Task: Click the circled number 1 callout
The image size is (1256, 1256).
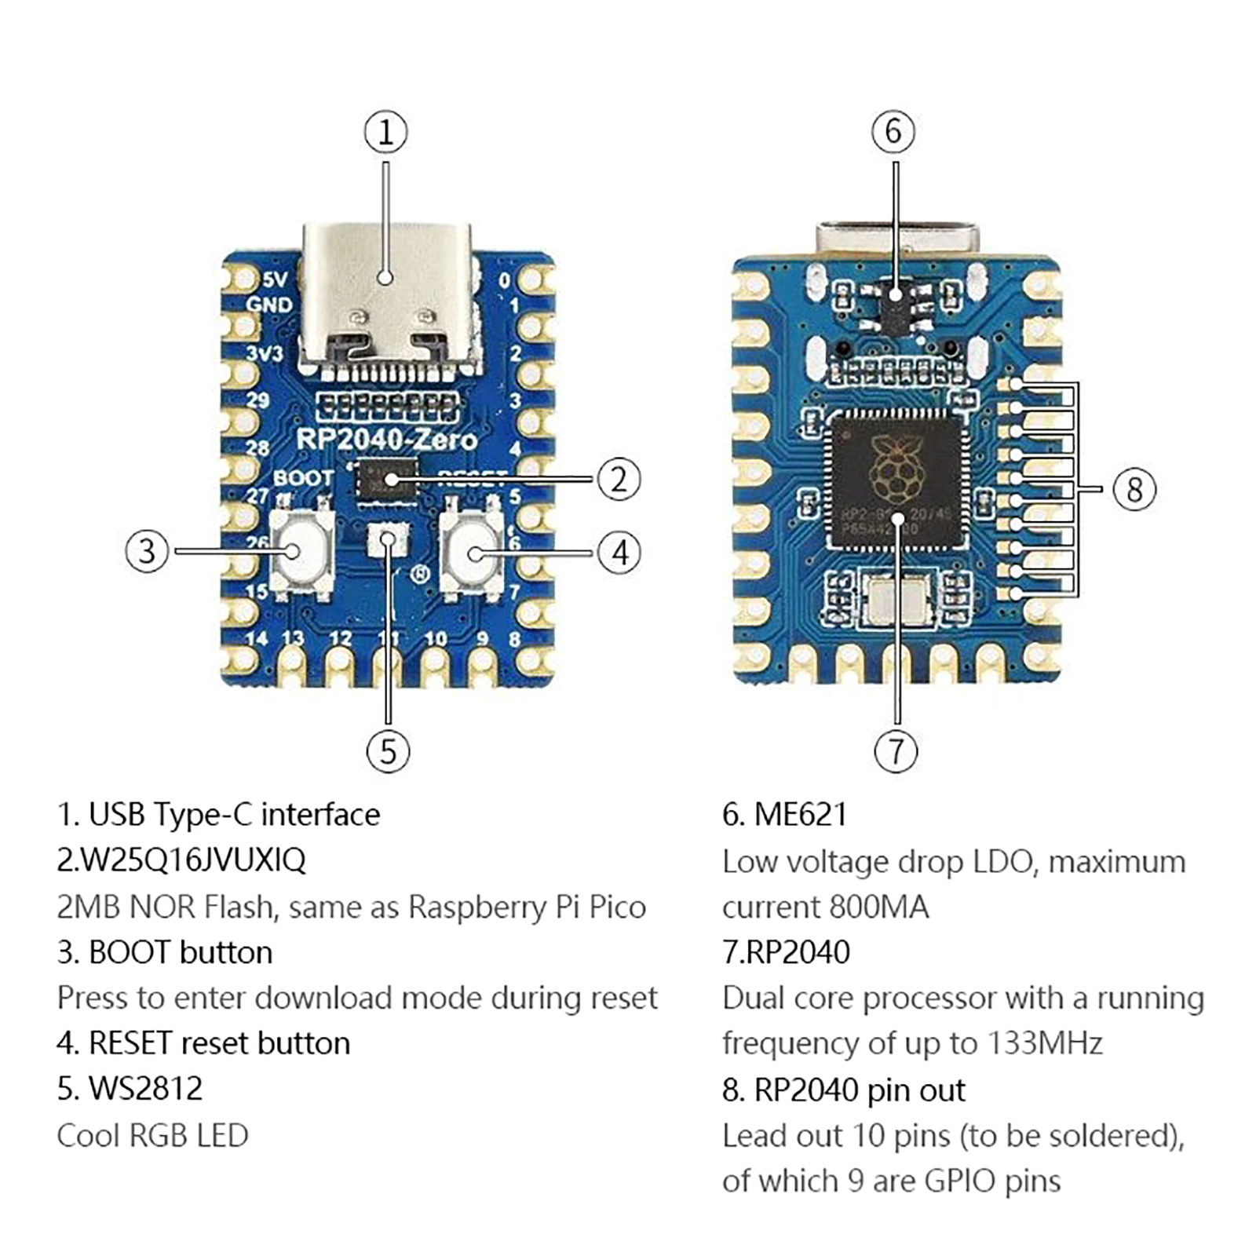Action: (x=385, y=132)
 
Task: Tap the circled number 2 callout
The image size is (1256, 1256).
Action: (x=619, y=479)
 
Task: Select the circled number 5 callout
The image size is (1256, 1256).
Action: (x=388, y=751)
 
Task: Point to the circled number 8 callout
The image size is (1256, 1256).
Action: (x=1134, y=489)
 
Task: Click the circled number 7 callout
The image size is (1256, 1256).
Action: (x=896, y=751)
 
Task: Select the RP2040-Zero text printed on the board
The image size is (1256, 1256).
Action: (x=386, y=440)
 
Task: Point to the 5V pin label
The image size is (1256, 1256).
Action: (x=275, y=279)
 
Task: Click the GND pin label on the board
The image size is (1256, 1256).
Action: (x=269, y=305)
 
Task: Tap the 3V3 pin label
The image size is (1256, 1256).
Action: (x=265, y=353)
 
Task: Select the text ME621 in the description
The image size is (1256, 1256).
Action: (x=800, y=815)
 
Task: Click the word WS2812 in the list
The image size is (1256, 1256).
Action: (x=145, y=1089)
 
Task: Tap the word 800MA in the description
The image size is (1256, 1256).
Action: (x=878, y=907)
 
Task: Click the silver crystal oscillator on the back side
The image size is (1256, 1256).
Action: (x=896, y=598)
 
